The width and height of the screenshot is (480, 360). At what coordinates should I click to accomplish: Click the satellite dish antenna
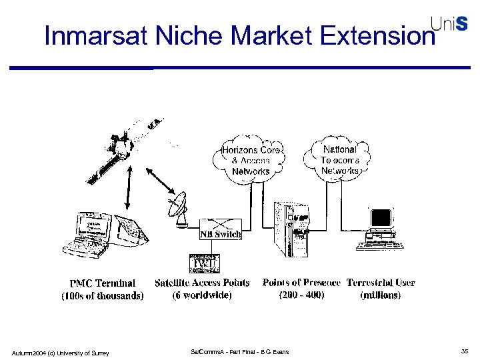[179, 209]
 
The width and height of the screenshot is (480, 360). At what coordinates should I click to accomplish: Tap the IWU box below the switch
[201, 263]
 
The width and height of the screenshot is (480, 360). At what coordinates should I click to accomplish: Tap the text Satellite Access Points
[202, 283]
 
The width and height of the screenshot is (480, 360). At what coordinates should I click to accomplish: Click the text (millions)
[381, 295]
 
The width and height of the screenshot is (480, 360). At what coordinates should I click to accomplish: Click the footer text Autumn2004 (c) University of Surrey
[61, 352]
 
